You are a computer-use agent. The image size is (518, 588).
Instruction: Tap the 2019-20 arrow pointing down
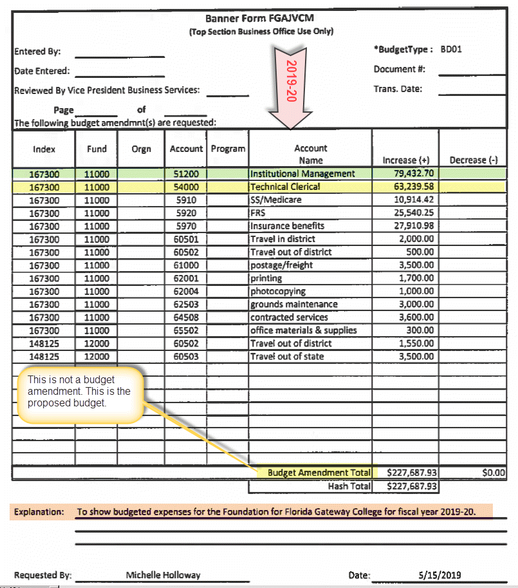click(x=291, y=84)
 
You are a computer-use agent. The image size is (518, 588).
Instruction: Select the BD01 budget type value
click(x=451, y=49)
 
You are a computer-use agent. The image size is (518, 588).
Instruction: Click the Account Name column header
click(x=310, y=154)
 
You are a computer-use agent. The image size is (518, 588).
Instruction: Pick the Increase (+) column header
click(x=405, y=160)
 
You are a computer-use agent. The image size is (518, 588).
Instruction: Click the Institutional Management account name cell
click(x=302, y=174)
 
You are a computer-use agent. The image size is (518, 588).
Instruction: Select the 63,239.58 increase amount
click(x=414, y=187)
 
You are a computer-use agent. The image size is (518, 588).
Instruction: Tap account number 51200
click(x=186, y=174)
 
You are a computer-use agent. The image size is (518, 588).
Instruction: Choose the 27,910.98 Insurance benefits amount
click(x=414, y=226)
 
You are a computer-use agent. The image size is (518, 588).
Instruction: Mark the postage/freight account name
click(x=281, y=265)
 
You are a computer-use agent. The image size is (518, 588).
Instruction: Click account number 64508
click(x=186, y=318)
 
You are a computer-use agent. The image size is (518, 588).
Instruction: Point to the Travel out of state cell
click(x=287, y=357)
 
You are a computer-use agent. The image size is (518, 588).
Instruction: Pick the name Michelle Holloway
click(x=163, y=575)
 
